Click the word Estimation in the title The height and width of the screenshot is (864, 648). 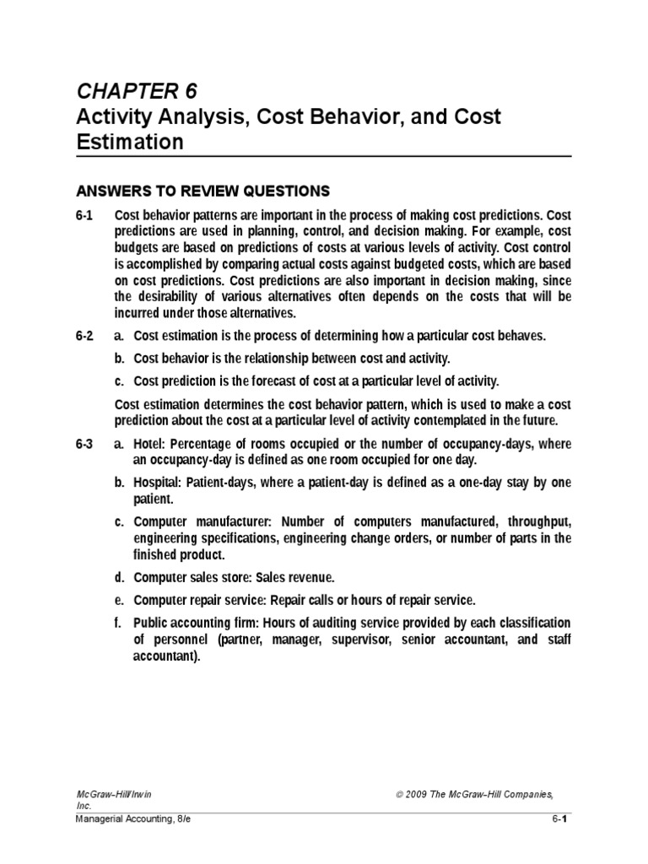(129, 142)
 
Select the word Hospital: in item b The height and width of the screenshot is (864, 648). (159, 482)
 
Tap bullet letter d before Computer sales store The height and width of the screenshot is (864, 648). (119, 578)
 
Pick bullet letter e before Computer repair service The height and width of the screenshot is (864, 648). (119, 600)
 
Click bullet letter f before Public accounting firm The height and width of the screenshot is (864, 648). (118, 623)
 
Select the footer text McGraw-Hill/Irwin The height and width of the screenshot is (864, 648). (113, 794)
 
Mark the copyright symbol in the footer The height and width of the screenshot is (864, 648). (398, 794)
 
